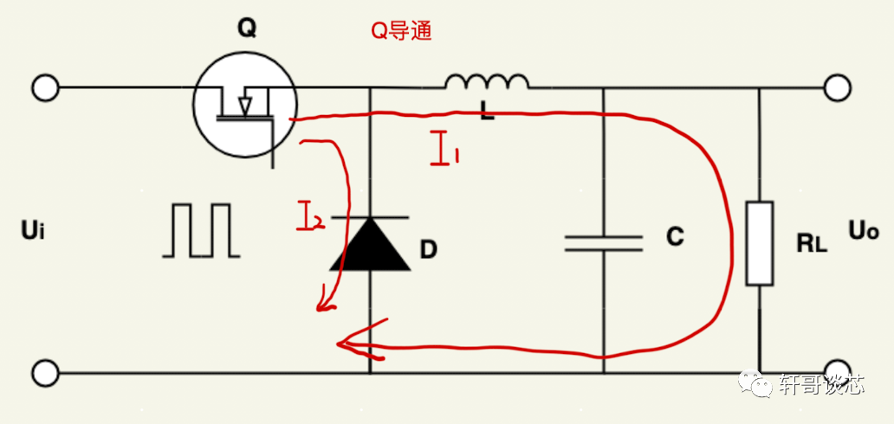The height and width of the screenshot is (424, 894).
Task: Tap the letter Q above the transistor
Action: [x=247, y=29]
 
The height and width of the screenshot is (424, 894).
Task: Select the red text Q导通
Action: [x=401, y=33]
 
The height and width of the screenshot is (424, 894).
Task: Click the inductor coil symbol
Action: [x=487, y=83]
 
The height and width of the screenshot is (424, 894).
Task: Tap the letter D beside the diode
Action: [x=427, y=251]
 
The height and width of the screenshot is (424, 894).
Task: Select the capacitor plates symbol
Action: [x=604, y=242]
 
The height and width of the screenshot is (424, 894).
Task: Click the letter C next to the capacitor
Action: [x=676, y=237]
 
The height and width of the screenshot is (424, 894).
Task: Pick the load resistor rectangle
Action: [x=759, y=243]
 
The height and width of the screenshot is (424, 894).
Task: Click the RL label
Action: [x=811, y=243]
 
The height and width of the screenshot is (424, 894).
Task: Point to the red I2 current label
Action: [x=309, y=216]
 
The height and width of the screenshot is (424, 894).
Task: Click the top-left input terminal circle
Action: [x=45, y=88]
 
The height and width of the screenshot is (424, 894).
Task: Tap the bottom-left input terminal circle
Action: [x=45, y=374]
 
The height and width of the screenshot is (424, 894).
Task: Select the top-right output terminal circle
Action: [x=836, y=88]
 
